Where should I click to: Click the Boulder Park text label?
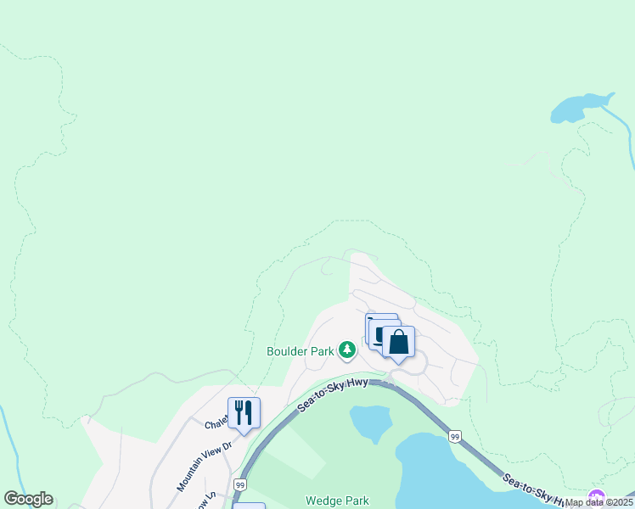300,350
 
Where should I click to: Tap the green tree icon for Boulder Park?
346,350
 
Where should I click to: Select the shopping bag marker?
398,343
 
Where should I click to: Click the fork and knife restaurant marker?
244,413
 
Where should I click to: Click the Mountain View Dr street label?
204,466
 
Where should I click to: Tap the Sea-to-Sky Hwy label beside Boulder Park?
332,396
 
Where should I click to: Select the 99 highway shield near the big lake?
455,436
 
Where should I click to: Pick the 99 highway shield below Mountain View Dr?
240,484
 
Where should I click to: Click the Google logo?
28,499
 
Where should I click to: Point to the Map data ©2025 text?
598,502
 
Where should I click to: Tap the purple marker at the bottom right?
597,498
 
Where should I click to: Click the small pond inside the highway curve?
371,421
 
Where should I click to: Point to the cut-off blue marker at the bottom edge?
249,506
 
